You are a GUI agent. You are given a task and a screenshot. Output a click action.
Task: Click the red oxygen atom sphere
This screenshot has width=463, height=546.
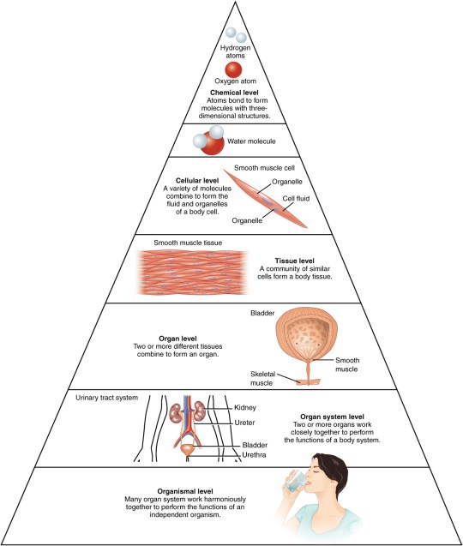(232, 70)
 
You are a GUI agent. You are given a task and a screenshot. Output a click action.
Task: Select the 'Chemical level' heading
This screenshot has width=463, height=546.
(231, 92)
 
